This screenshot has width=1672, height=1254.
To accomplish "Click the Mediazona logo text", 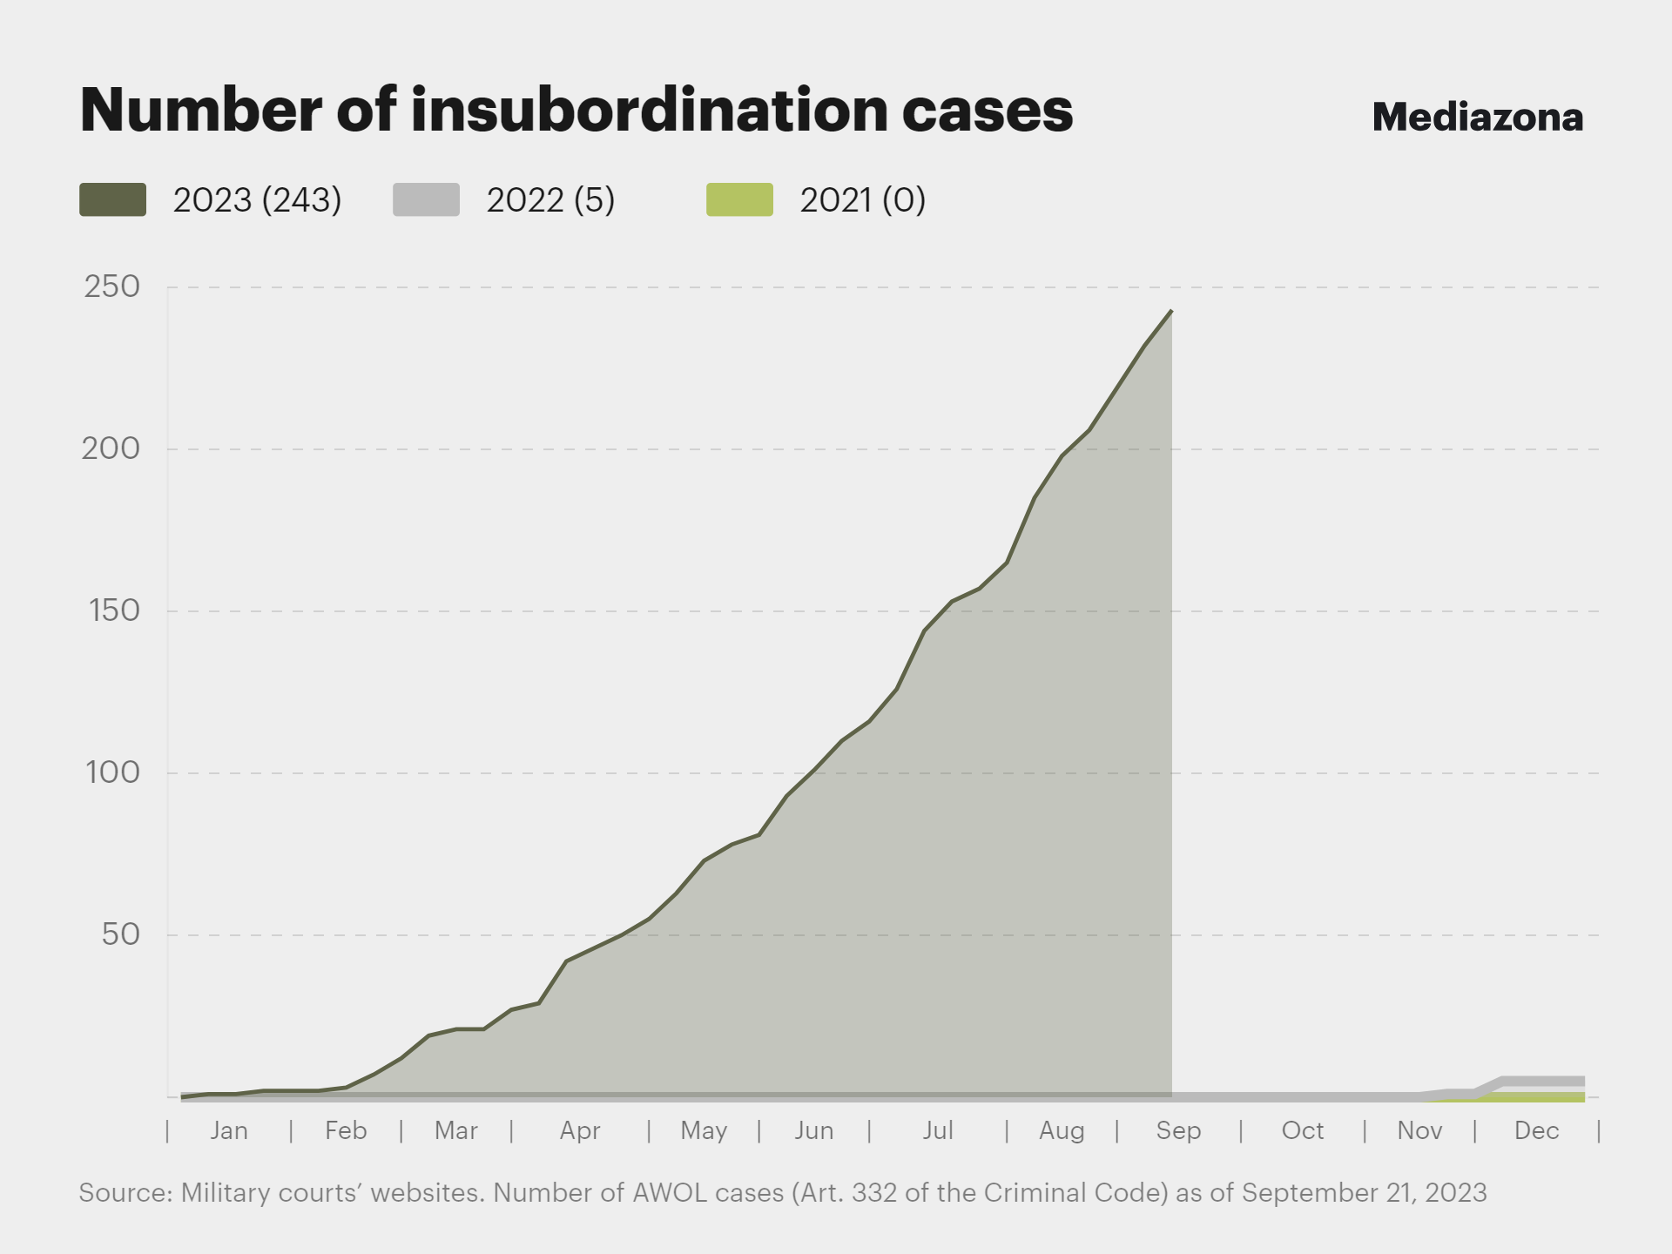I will [1477, 118].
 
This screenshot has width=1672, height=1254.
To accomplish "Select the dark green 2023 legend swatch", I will [112, 199].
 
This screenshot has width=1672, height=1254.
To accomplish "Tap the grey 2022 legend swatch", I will [426, 199].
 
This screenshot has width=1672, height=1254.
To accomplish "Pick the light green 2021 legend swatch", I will [739, 199].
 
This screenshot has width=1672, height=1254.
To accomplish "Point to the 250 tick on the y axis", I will [111, 287].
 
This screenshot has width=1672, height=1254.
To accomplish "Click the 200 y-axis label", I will [111, 448].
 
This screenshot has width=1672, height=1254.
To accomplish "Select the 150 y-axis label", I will [113, 610].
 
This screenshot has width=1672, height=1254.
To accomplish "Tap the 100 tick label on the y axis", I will [112, 772].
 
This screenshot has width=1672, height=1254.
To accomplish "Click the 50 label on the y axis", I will [120, 934].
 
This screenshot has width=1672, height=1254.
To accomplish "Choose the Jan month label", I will [229, 1130].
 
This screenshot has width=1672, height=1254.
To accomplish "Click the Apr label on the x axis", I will [580, 1130].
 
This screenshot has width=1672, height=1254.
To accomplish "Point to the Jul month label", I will [938, 1130].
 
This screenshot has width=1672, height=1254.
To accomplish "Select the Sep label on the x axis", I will [1178, 1130].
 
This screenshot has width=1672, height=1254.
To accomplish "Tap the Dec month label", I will [1536, 1130].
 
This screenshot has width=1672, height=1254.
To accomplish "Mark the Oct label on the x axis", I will [1302, 1130].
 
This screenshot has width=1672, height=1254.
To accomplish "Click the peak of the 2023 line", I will [1171, 311].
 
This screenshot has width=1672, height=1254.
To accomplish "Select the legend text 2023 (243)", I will [257, 200].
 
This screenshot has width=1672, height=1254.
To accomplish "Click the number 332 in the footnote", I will [874, 1192].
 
